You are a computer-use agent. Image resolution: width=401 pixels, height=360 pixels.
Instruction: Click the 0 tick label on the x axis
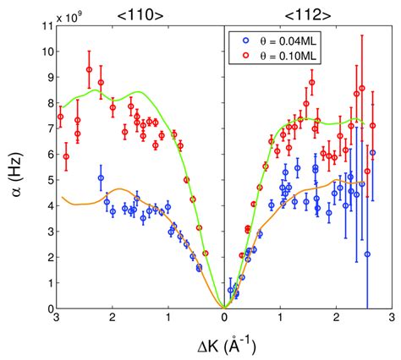[x=223, y=319]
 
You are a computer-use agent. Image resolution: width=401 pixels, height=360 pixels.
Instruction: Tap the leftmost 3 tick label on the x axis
[x=56, y=319]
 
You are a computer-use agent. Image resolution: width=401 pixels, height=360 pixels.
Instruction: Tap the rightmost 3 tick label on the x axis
[x=391, y=319]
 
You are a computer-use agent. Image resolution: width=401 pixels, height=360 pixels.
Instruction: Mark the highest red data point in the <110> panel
[x=89, y=70]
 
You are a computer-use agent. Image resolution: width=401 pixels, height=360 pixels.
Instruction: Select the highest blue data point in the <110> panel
[x=101, y=178]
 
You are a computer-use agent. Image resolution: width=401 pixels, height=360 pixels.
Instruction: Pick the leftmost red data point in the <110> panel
[x=60, y=117]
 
